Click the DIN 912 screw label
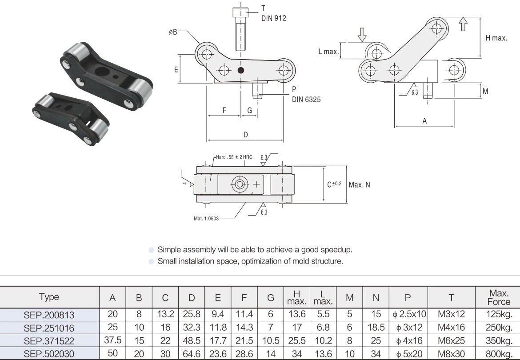tap(274, 18)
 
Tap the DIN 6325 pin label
tap(306, 100)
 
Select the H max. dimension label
tap(496, 38)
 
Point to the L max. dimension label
tap(328, 52)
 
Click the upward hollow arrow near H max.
tap(463, 24)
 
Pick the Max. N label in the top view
tap(359, 184)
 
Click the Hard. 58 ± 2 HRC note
tap(235, 157)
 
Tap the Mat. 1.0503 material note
tap(207, 218)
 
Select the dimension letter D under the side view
tap(245, 135)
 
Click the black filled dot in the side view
tap(241, 70)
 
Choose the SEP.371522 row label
tap(49, 341)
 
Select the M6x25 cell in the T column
tap(451, 341)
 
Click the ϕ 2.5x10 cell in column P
tap(409, 315)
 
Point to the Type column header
tap(49, 297)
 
